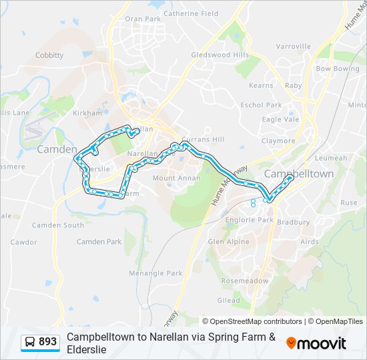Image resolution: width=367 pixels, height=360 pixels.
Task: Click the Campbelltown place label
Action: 299,174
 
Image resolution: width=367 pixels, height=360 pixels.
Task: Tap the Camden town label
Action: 57,149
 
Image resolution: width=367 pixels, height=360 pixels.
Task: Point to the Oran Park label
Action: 143,19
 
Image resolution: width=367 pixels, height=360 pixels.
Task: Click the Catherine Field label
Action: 191,13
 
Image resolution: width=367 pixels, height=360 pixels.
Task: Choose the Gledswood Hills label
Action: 220,55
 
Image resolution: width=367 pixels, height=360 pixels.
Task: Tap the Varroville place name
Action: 294,47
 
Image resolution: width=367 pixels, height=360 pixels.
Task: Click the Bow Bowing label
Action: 338,69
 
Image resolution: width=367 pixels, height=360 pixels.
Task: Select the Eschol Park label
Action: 262,105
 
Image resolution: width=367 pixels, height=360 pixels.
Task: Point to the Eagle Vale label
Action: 280,119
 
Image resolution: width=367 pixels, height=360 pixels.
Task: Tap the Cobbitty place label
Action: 49,55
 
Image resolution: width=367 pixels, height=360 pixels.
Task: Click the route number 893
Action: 48,342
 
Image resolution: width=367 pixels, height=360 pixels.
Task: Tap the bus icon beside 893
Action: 31,342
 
